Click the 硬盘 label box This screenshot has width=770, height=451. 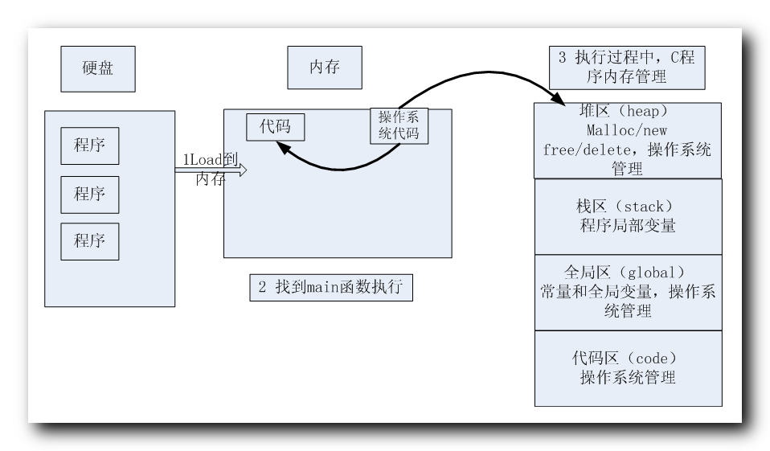point(98,68)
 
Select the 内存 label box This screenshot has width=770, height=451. point(325,68)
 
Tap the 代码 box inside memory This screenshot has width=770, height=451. point(275,126)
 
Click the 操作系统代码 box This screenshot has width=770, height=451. point(399,125)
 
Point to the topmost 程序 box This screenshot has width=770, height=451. point(90,146)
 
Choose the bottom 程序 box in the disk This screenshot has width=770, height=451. point(90,240)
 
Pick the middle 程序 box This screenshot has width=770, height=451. point(90,194)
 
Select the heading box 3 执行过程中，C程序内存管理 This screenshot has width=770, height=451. point(627,68)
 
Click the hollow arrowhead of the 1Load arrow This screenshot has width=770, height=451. point(240,170)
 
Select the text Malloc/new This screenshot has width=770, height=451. point(628,130)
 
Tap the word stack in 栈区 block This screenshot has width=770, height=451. point(644,207)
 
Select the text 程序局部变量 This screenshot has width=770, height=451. point(628,226)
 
